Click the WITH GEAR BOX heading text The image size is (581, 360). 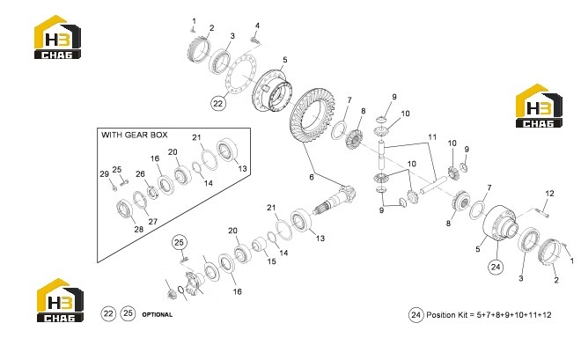click(x=135, y=135)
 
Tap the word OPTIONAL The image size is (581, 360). click(x=157, y=315)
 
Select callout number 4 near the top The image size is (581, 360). click(x=257, y=26)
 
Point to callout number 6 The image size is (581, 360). click(x=312, y=177)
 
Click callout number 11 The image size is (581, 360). click(x=432, y=137)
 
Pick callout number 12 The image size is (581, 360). click(x=549, y=194)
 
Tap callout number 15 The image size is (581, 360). click(x=272, y=261)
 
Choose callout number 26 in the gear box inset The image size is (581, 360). click(x=140, y=174)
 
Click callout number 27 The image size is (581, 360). click(x=152, y=222)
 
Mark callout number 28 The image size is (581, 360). click(x=138, y=229)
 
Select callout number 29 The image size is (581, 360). click(x=105, y=174)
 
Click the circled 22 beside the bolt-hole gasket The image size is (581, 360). click(x=218, y=103)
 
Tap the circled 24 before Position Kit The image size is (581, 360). click(x=416, y=315)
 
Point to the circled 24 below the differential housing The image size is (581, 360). click(x=496, y=267)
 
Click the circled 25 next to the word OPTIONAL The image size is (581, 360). click(x=128, y=313)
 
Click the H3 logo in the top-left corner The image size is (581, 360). click(x=57, y=37)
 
